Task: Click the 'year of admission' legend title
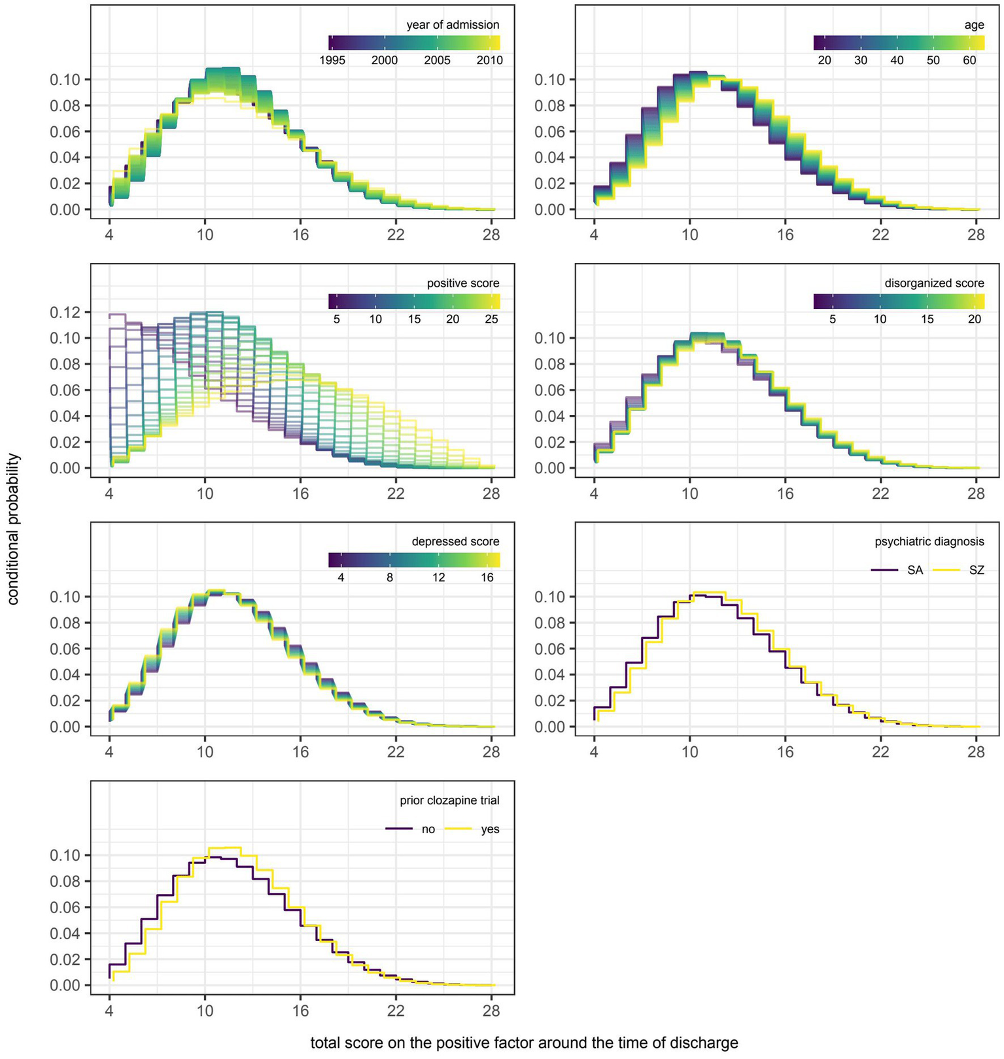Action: (x=453, y=25)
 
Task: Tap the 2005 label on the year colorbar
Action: (x=437, y=60)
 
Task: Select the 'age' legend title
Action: (x=974, y=25)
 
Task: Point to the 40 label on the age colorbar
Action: (x=897, y=60)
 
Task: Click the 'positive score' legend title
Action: (x=462, y=283)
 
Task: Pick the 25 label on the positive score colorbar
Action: (x=491, y=319)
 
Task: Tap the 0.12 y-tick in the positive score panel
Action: (x=65, y=312)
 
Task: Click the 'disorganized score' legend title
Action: (x=934, y=283)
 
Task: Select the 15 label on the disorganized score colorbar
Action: (x=927, y=319)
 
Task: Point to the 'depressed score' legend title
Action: (x=455, y=542)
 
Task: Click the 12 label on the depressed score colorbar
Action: (x=438, y=577)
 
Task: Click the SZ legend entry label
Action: (x=976, y=570)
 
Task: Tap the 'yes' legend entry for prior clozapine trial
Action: (x=490, y=829)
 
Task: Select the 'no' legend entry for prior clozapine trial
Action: (x=428, y=829)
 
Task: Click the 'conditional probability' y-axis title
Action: (x=14, y=529)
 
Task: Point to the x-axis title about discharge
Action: (x=524, y=1043)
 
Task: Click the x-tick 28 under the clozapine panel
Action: (x=491, y=1011)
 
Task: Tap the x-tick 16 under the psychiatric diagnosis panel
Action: (x=785, y=752)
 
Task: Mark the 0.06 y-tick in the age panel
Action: (x=551, y=132)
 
